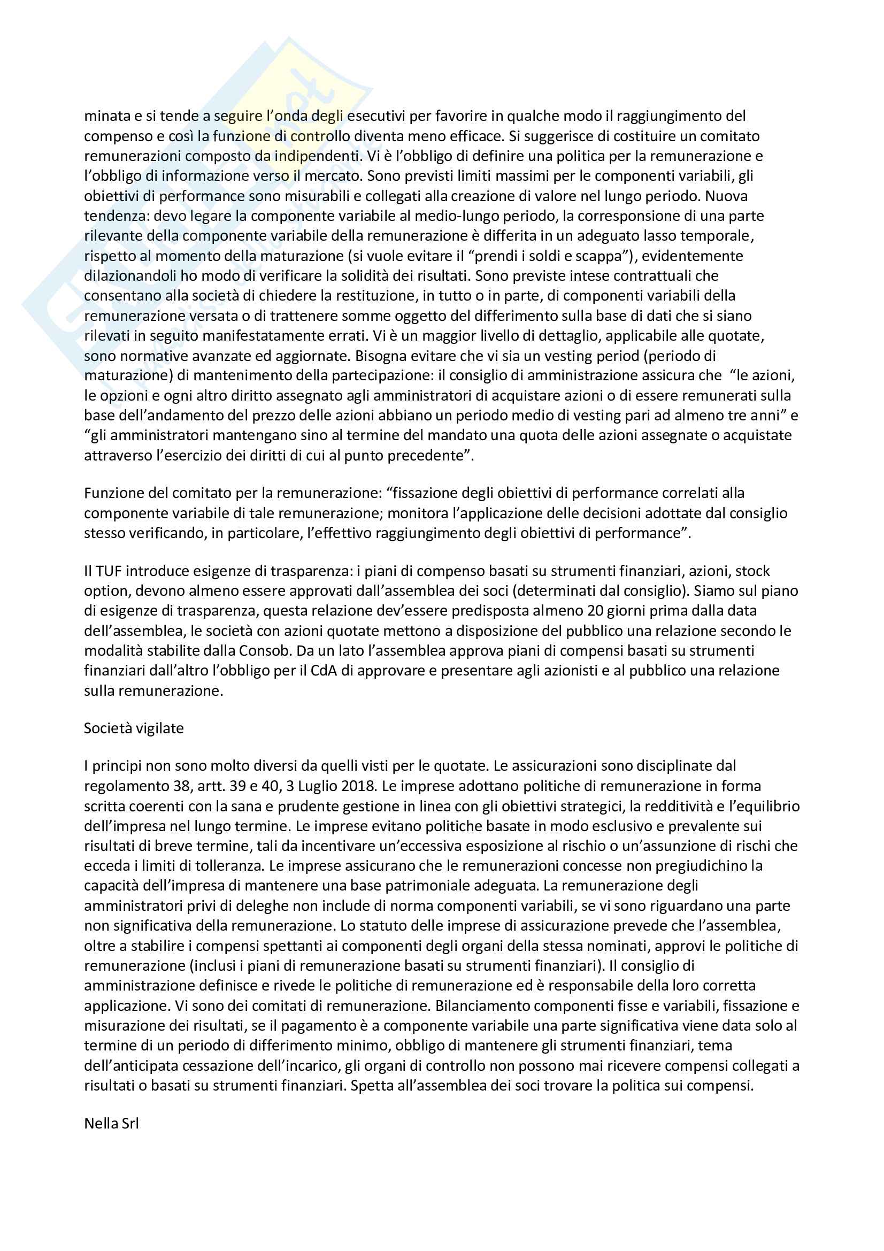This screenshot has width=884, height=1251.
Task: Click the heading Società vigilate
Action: pyautogui.click(x=134, y=728)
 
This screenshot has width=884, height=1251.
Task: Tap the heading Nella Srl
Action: pyautogui.click(x=111, y=1124)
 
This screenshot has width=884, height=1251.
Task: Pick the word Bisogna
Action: pyautogui.click(x=379, y=356)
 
